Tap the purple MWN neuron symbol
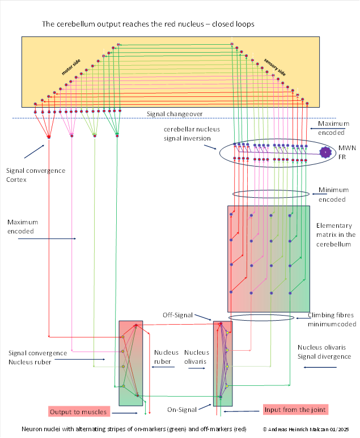tap(325, 152)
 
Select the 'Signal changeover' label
tap(175, 114)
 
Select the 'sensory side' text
tap(274, 66)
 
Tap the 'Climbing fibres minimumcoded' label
tap(332, 320)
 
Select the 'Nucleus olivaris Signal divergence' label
tap(324, 352)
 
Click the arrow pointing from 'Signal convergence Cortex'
tap(33, 152)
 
